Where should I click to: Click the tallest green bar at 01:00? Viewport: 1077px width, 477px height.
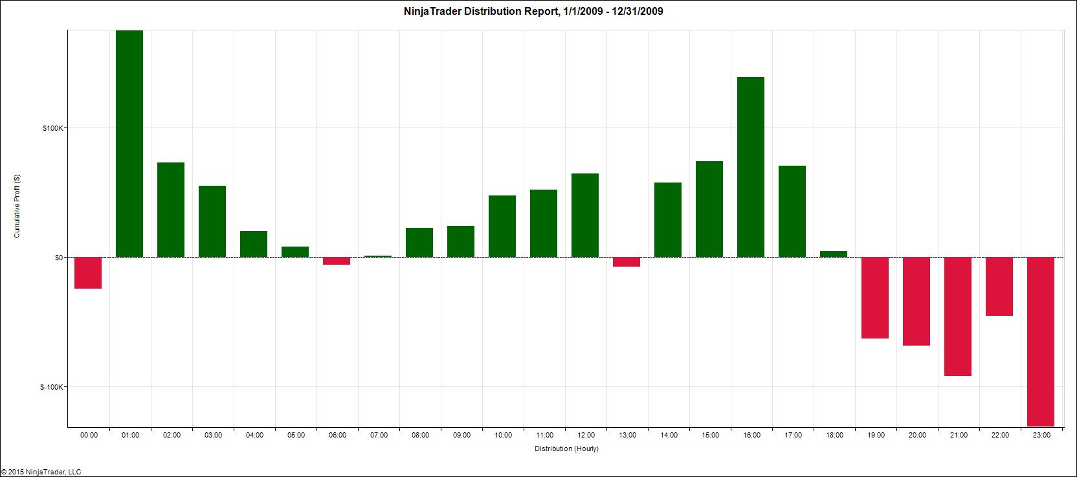click(x=129, y=144)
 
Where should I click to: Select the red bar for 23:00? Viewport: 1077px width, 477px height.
click(x=1041, y=342)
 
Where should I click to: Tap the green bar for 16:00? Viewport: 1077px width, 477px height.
click(x=751, y=167)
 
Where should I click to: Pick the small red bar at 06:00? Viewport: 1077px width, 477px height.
click(x=337, y=261)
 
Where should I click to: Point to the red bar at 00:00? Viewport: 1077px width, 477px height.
click(x=88, y=272)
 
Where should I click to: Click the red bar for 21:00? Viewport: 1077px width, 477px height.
click(x=958, y=316)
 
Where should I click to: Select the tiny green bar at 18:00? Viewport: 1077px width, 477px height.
click(x=834, y=254)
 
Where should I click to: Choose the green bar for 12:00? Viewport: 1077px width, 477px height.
click(x=585, y=215)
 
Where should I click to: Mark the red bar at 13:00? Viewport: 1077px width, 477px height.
click(x=627, y=261)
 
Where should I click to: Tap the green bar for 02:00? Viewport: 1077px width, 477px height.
click(x=171, y=210)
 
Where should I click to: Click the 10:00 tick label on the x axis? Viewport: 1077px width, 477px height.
click(x=503, y=436)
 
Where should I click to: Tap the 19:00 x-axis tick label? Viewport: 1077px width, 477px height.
click(x=876, y=436)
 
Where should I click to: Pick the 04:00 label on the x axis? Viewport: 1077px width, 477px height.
click(x=254, y=436)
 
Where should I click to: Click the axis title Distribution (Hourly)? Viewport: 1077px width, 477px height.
click(x=566, y=449)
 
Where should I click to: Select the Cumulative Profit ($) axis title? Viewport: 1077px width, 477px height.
click(x=17, y=206)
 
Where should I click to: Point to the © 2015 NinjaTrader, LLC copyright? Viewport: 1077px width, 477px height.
click(x=41, y=472)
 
